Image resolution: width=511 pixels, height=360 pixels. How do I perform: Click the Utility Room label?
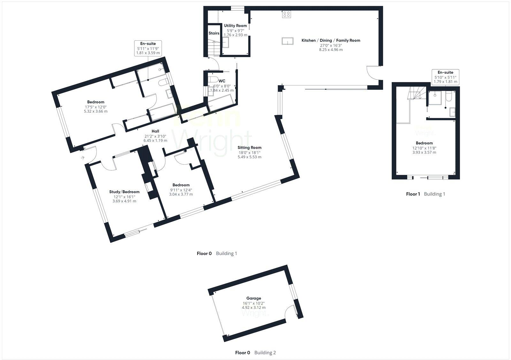pos(235,26)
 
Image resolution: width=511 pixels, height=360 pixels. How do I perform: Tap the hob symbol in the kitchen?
pos(286,14)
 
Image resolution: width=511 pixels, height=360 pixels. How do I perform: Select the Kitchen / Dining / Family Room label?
pos(331,41)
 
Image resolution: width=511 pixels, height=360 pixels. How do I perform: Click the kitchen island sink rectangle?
pos(288,41)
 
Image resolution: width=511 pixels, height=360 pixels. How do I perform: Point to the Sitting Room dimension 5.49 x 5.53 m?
pos(249,157)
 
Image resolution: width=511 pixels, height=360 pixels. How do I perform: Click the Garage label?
pos(254,298)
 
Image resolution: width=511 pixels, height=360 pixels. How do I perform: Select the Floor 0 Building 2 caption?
pos(255,353)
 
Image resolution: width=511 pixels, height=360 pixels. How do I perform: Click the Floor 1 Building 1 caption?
pos(425,194)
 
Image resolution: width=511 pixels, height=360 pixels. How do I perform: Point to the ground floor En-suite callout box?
pos(148,48)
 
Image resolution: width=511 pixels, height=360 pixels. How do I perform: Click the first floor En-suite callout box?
pos(445,77)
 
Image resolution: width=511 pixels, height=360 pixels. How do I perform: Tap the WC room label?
pos(222,81)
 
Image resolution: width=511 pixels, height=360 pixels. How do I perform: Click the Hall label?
pos(155,131)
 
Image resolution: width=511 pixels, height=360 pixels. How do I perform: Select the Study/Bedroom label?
pos(124,192)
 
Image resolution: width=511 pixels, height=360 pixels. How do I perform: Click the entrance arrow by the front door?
pos(83,157)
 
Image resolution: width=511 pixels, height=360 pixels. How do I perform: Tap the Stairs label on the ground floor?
pos(214,33)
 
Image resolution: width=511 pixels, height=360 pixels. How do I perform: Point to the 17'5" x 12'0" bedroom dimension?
pos(95,107)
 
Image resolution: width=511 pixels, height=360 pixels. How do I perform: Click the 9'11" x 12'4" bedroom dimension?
pos(181,190)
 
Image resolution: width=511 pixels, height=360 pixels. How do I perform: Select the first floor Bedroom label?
pos(424,143)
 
